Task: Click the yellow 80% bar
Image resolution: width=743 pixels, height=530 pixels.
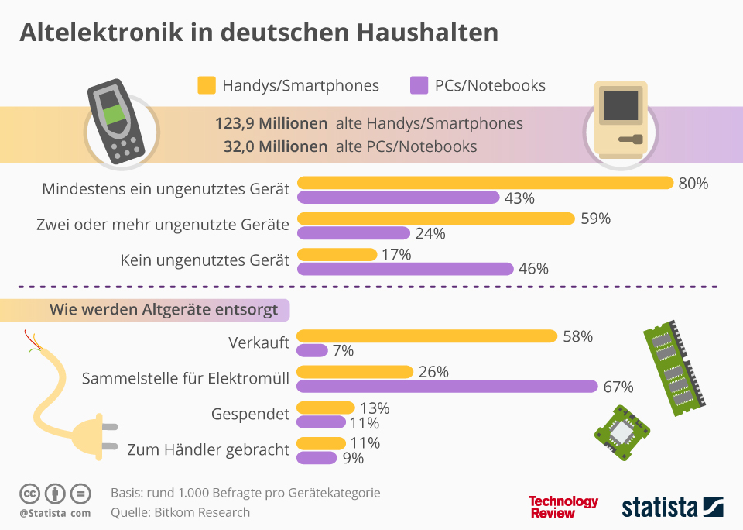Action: tap(485, 183)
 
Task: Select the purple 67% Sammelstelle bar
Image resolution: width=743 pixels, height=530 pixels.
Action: tap(447, 386)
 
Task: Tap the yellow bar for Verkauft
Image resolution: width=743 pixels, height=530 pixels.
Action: tap(427, 336)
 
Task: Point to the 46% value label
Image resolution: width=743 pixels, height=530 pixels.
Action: tap(532, 269)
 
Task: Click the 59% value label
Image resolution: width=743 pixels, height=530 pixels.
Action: tap(595, 219)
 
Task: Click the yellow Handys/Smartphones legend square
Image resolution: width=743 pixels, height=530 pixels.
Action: tap(206, 85)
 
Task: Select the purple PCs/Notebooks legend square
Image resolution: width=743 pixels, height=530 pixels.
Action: tap(419, 85)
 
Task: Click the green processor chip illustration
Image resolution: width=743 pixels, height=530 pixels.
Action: tap(621, 432)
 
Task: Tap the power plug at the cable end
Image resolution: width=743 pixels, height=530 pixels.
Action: tap(93, 437)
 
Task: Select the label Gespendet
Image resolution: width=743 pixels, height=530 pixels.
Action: tap(250, 415)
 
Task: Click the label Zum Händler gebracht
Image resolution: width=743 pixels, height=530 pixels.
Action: tap(208, 449)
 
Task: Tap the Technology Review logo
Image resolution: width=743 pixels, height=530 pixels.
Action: tap(563, 507)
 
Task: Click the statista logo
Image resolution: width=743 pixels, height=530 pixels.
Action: tap(672, 507)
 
